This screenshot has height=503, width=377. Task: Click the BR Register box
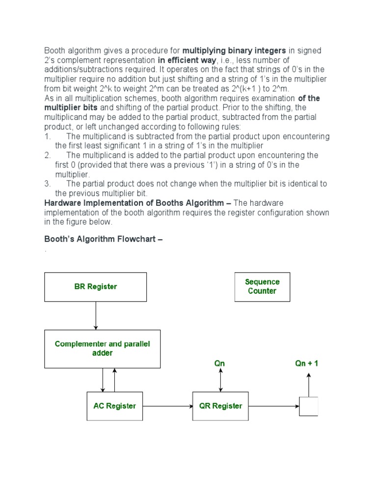pos(95,287)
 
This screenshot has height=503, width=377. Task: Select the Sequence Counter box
pos(262,287)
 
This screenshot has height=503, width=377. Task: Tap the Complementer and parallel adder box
pos(102,349)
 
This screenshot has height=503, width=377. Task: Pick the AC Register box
pos(115,406)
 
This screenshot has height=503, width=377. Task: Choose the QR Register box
pos(220,406)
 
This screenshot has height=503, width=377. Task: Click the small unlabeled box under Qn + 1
pos(309,406)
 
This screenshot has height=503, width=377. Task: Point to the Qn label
pos(219,364)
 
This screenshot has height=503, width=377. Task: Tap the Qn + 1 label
pos(307,364)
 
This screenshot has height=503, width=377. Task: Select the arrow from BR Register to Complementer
pos(96,315)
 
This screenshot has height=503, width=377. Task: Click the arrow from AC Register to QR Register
pos(167,406)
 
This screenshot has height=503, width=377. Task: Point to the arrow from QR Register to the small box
pos(273,406)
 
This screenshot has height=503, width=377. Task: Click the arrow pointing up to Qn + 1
pos(309,384)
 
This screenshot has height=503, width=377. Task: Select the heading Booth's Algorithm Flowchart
pos(103,239)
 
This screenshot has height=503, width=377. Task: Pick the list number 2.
pos(48,155)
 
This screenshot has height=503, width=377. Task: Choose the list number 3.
pos(48,184)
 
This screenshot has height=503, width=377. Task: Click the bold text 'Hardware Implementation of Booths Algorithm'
pos(137,203)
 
